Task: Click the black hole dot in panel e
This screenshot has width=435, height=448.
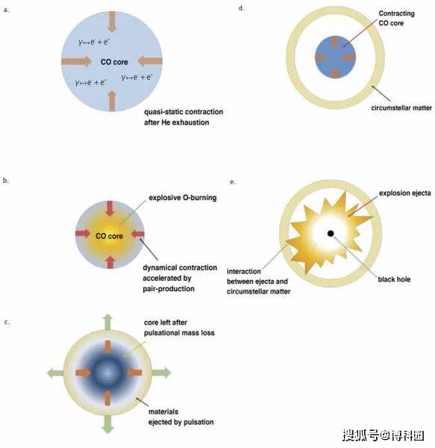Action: pyautogui.click(x=331, y=234)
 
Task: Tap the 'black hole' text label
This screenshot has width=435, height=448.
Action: pyautogui.click(x=394, y=279)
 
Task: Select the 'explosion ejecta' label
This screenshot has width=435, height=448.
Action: pyautogui.click(x=404, y=193)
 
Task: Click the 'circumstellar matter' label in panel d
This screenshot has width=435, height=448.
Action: pyautogui.click(x=401, y=108)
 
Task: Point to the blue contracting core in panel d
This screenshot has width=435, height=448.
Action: pyautogui.click(x=335, y=57)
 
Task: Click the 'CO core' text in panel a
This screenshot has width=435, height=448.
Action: pyautogui.click(x=114, y=62)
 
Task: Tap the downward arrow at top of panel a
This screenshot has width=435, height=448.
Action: pyautogui.click(x=112, y=22)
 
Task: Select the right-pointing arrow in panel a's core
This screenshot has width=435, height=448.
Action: pyautogui.click(x=76, y=61)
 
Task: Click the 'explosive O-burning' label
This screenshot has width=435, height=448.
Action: pyautogui.click(x=183, y=198)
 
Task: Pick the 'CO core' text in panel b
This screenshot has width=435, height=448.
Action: pyautogui.click(x=110, y=236)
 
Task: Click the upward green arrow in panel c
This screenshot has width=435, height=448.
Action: pyautogui.click(x=107, y=323)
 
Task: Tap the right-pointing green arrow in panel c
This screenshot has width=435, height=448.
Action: pyautogui.click(x=161, y=373)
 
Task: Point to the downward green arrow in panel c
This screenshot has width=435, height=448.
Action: pyautogui.click(x=107, y=424)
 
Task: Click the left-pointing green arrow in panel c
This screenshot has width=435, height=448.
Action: pyautogui.click(x=55, y=373)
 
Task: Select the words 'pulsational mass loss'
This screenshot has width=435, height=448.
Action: pyautogui.click(x=179, y=333)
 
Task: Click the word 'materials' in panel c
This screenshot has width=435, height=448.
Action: pyautogui.click(x=163, y=411)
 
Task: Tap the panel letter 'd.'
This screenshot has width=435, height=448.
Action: pyautogui.click(x=242, y=8)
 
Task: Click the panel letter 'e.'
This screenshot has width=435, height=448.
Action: pyautogui.click(x=233, y=181)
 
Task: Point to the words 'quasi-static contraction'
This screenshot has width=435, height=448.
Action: pyautogui.click(x=184, y=112)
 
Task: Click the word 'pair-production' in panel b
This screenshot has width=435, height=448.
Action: pyautogui.click(x=169, y=289)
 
